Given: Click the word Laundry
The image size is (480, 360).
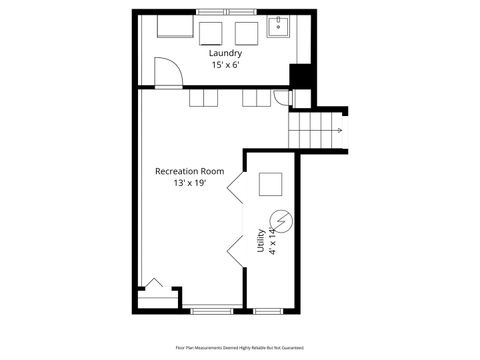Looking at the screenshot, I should click(x=225, y=53).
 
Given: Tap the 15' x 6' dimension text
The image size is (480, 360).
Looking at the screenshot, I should click(x=225, y=65).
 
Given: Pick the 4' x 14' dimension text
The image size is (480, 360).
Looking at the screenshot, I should click(x=271, y=240).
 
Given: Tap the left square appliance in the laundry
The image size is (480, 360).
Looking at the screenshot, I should click(x=212, y=31).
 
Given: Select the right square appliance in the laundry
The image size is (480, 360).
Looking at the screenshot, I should click(x=245, y=31).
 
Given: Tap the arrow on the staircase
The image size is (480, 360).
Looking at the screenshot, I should click(x=337, y=130).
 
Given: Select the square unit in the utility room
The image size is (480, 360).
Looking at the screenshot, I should click(x=270, y=185).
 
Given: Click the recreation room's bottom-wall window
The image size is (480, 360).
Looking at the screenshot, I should click(x=211, y=310).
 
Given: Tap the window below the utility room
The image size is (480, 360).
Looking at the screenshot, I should click(x=268, y=310).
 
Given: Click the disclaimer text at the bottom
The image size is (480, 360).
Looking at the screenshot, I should click(x=239, y=348).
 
